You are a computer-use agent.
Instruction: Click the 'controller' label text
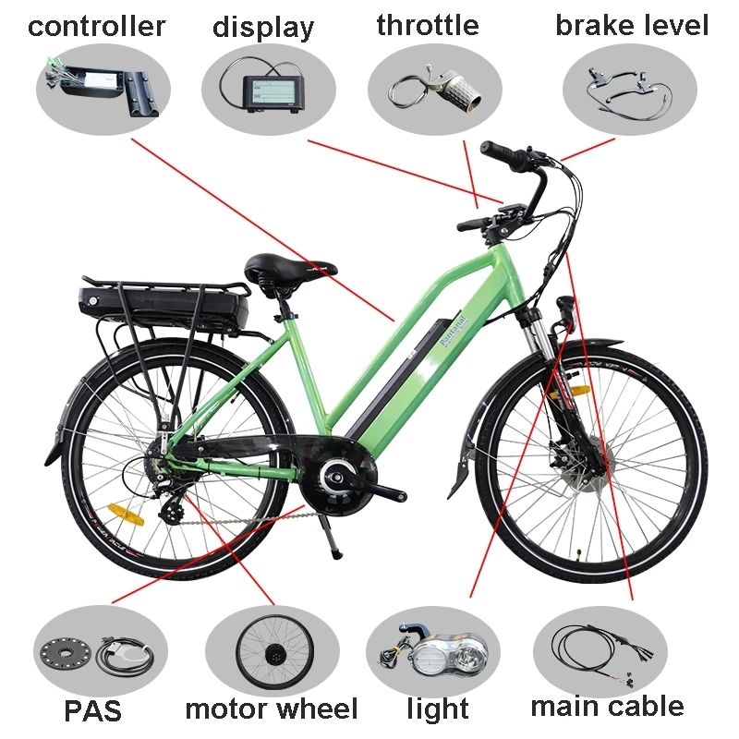[97, 27]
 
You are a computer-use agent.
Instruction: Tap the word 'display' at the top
[263, 28]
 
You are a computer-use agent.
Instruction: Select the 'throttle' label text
[428, 25]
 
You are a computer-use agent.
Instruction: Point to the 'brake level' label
[632, 25]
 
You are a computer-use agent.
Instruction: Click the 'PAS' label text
[93, 710]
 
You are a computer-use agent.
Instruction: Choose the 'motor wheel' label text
[272, 709]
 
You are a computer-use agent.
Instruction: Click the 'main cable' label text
[608, 707]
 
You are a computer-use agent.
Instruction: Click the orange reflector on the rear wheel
[126, 515]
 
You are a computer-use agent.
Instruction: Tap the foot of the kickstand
[337, 552]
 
